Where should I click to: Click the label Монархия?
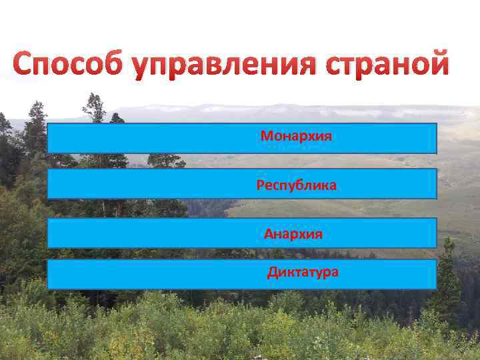tap(296, 137)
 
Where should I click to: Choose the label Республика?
tap(296, 185)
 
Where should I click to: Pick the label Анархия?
tap(293, 234)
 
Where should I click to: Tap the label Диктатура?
tap(303, 272)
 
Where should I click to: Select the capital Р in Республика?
tap(260, 185)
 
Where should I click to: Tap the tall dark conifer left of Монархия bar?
tap(35, 133)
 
